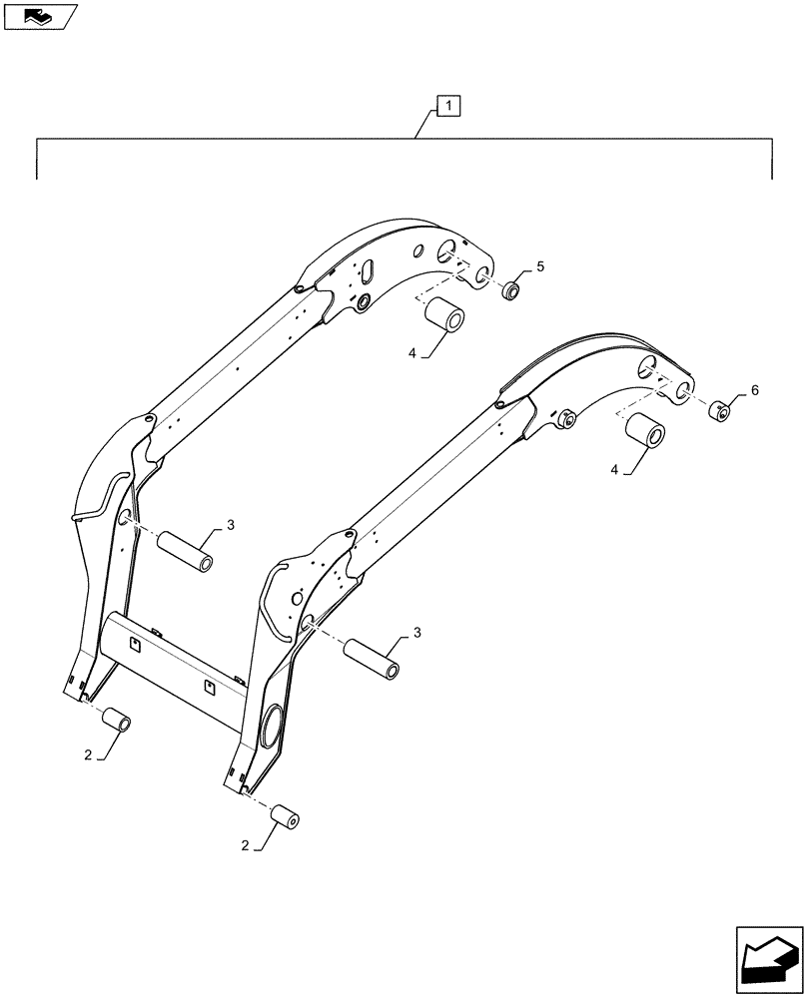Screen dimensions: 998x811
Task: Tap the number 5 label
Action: pyautogui.click(x=540, y=266)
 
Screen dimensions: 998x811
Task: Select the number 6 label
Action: pyautogui.click(x=754, y=390)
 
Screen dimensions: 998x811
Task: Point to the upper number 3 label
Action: pyautogui.click(x=231, y=525)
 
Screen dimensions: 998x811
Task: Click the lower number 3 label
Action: pyautogui.click(x=417, y=633)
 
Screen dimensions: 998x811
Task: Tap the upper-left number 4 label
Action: pyautogui.click(x=409, y=351)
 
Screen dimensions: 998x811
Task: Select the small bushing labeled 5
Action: pyautogui.click(x=512, y=291)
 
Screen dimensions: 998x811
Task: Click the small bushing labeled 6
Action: pyautogui.click(x=717, y=411)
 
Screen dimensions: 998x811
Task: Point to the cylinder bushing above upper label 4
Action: pyautogui.click(x=445, y=316)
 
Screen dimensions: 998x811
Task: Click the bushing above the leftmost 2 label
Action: pyautogui.click(x=118, y=720)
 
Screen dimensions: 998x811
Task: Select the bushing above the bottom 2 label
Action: pyautogui.click(x=286, y=818)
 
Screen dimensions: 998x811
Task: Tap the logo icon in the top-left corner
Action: pyautogui.click(x=40, y=15)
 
